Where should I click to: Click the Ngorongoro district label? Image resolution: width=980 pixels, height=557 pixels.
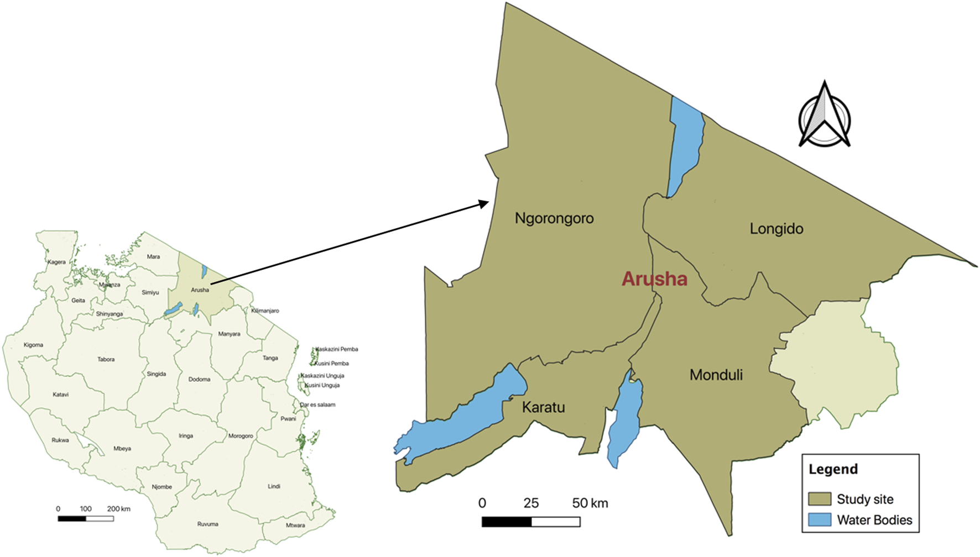(554, 218)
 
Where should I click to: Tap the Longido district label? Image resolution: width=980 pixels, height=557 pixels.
(776, 229)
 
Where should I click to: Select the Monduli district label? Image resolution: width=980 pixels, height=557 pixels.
(716, 375)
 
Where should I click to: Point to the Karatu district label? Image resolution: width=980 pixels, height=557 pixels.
(543, 408)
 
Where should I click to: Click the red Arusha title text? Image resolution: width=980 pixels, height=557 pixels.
(654, 278)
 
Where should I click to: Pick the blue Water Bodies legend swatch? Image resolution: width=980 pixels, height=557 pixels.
(819, 519)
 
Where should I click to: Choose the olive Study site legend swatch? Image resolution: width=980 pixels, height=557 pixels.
(819, 499)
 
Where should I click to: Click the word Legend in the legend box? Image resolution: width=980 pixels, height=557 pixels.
(833, 469)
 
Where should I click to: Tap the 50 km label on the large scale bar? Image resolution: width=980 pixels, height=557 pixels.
(590, 503)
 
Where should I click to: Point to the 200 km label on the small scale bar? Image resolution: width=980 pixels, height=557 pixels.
(118, 509)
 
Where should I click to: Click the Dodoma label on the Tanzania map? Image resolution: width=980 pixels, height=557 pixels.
(199, 380)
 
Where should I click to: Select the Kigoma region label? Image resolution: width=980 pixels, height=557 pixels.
(33, 345)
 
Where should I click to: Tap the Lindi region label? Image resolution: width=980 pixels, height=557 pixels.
(274, 486)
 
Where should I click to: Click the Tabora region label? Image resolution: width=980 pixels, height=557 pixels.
(106, 360)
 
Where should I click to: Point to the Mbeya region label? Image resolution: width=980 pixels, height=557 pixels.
(122, 449)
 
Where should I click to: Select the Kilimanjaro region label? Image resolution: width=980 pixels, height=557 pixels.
(265, 311)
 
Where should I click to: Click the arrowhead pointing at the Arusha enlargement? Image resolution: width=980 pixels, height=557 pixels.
(484, 204)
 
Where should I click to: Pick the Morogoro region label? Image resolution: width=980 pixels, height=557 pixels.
(241, 436)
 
